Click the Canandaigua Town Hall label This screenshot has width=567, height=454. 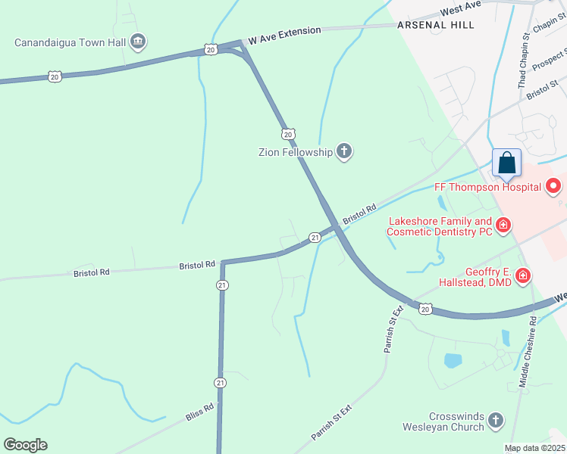[70, 42]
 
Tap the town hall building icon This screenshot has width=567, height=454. [137, 41]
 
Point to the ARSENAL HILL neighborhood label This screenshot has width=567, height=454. [436, 25]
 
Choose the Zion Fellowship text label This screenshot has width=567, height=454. [296, 152]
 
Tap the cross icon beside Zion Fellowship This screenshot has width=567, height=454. [344, 151]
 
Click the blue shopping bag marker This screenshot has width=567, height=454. [506, 163]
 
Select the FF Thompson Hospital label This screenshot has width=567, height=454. [487, 186]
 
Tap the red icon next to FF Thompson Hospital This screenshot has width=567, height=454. [553, 185]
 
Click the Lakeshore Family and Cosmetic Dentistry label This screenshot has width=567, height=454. [440, 225]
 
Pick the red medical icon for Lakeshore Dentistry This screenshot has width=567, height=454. [503, 225]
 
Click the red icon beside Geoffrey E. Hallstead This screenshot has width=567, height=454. [522, 276]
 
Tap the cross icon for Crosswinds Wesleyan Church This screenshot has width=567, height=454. [496, 420]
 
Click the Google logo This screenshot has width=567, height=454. [26, 445]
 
